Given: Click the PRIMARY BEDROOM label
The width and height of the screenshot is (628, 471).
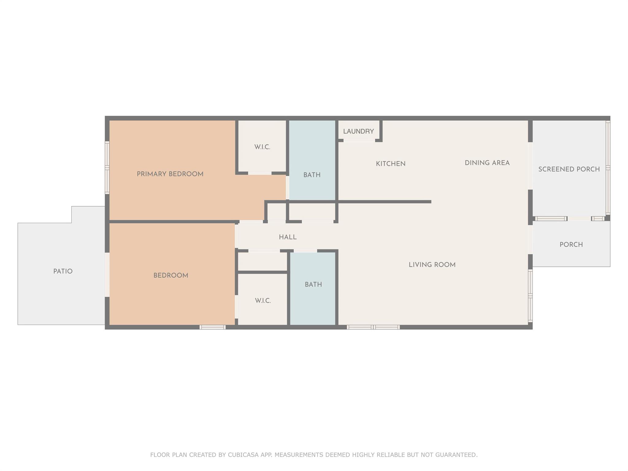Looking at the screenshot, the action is [x=170, y=174].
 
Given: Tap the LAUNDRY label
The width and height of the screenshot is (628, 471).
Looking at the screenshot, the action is [x=358, y=132].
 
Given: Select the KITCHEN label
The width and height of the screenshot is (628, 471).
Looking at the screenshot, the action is [x=391, y=164].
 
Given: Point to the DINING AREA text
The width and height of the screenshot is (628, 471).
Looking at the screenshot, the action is [x=487, y=163].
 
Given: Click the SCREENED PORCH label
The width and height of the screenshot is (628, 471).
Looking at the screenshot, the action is [x=569, y=169].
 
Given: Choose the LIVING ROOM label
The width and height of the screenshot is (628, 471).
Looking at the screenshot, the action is [x=432, y=265].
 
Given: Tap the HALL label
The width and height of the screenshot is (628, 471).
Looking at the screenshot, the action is [x=288, y=237].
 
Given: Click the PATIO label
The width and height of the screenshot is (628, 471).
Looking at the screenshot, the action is [x=63, y=271].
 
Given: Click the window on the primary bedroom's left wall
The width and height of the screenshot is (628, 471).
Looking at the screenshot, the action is [x=107, y=167].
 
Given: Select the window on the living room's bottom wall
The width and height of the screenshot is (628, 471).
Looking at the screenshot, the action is [x=373, y=327].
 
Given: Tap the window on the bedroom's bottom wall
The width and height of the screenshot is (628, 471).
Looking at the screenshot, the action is [x=213, y=327].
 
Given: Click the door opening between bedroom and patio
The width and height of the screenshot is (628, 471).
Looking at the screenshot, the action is [x=107, y=274].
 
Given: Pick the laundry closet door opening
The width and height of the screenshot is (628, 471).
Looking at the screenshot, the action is [x=359, y=140].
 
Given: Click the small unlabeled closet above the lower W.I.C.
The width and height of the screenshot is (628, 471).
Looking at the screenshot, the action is [x=262, y=262].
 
